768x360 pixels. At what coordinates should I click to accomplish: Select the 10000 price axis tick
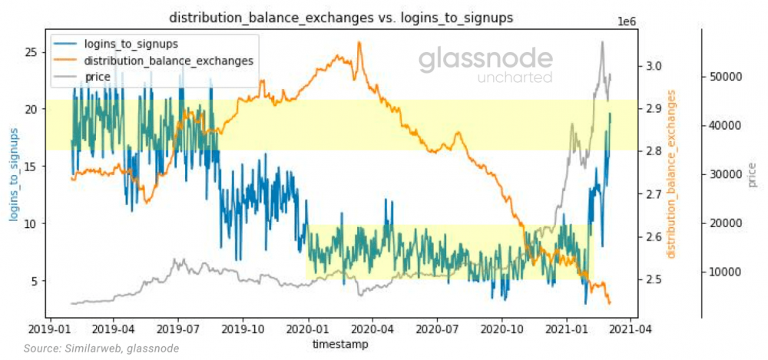point(726,272)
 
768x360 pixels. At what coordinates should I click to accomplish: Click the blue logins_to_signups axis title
point(13,175)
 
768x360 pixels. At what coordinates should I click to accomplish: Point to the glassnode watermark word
point(485,60)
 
